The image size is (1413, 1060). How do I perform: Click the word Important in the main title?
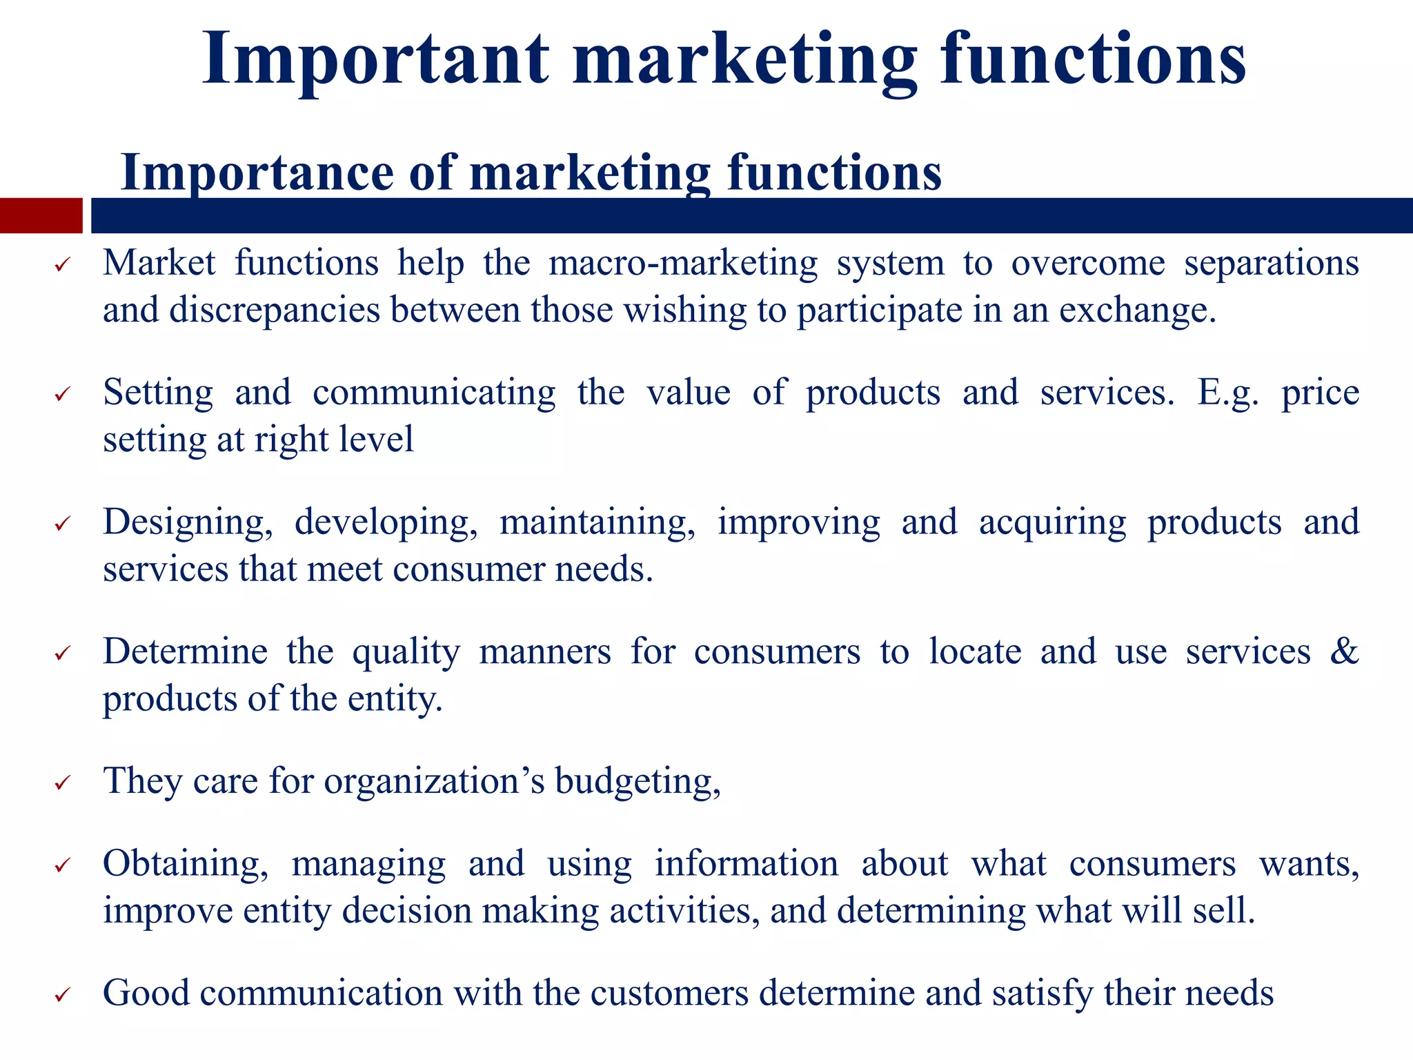375,59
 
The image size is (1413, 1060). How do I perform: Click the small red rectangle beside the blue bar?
41,215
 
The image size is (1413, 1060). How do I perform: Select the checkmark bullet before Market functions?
62,265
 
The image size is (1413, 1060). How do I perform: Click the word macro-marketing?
683,264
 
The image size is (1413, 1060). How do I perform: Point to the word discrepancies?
275,310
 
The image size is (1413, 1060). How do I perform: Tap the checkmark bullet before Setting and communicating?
62,395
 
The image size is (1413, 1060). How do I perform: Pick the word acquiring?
1052,522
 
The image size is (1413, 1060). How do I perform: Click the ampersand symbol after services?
1344,651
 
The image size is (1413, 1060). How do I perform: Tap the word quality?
406,653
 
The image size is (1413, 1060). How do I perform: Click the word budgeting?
638,782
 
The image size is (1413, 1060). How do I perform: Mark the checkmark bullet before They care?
62,783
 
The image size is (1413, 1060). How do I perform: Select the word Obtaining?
186,864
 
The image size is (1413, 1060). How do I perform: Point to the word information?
747,864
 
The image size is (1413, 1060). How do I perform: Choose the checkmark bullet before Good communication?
62,995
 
